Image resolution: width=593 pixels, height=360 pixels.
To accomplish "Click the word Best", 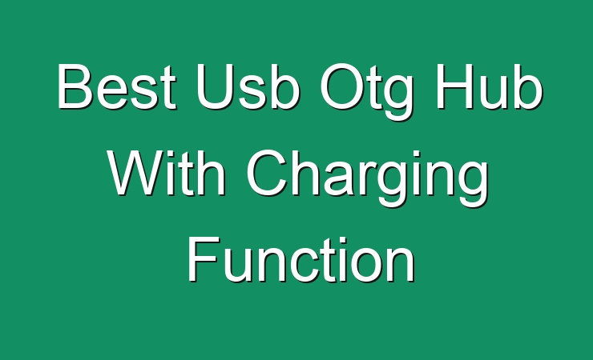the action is click(x=117, y=86).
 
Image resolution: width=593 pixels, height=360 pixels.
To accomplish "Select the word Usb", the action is click(x=248, y=86).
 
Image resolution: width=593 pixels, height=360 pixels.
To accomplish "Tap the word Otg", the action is click(x=366, y=92).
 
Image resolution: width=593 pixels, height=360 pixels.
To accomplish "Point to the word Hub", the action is click(x=489, y=86).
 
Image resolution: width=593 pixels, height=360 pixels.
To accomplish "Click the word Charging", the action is click(x=367, y=178).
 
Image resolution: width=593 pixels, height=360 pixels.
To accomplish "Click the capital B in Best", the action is click(x=75, y=86).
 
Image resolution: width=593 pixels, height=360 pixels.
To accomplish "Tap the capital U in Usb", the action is click(x=214, y=86).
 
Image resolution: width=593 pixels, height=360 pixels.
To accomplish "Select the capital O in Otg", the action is click(x=342, y=86).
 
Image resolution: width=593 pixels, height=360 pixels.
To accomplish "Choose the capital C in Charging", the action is click(x=267, y=173).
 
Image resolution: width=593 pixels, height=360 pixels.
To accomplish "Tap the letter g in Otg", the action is click(x=397, y=98).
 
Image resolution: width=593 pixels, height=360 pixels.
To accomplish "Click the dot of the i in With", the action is click(x=175, y=154).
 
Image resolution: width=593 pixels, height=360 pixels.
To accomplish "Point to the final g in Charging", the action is click(x=473, y=185).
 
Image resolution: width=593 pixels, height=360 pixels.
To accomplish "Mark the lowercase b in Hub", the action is click(x=528, y=86).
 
